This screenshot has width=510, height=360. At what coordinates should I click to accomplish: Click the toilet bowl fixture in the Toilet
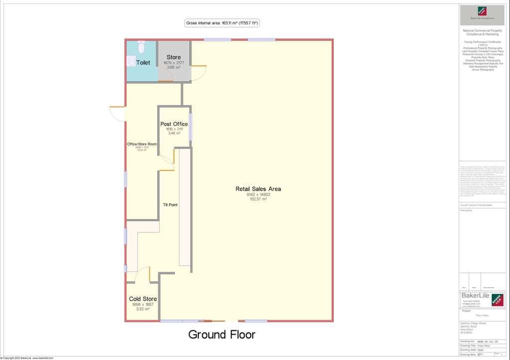pyautogui.click(x=140, y=47)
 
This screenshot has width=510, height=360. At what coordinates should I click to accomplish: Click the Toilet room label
pyautogui.click(x=143, y=63)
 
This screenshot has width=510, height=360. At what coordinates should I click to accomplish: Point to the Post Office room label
pyautogui.click(x=174, y=124)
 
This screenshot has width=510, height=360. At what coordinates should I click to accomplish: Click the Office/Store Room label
pyautogui.click(x=141, y=144)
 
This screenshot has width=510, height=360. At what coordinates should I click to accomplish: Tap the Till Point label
pyautogui.click(x=170, y=205)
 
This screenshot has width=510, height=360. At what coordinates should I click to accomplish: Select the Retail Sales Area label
pyautogui.click(x=258, y=189)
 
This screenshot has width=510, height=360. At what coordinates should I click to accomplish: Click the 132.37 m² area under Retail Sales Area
pyautogui.click(x=258, y=199)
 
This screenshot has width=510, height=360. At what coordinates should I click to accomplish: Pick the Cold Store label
pyautogui.click(x=143, y=299)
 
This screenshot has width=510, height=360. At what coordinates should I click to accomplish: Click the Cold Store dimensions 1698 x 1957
pyautogui.click(x=143, y=304)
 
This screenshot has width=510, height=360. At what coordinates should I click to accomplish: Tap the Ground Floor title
pyautogui.click(x=222, y=334)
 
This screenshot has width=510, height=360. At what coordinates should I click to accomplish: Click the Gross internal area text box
pyautogui.click(x=222, y=23)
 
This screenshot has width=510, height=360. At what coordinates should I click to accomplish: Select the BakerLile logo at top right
pyautogui.click(x=482, y=11)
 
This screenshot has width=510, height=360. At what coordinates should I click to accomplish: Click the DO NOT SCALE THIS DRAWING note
pyautogui.click(x=476, y=205)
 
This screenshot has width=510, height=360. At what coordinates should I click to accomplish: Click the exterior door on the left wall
pyautogui.click(x=118, y=114)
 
